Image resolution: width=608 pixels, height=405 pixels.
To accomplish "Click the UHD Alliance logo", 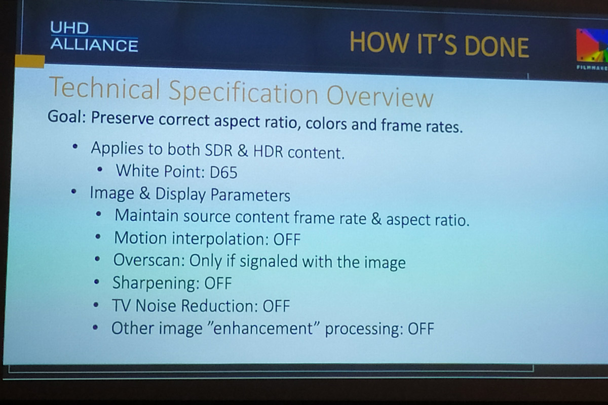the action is (x=94, y=36).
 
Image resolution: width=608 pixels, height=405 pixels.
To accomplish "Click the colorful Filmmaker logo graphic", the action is (x=592, y=46).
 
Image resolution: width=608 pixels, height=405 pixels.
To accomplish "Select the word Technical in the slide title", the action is (x=105, y=88).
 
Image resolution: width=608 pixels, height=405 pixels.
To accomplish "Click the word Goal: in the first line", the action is (x=67, y=117).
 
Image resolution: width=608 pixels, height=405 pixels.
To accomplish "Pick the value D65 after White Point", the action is (x=223, y=172).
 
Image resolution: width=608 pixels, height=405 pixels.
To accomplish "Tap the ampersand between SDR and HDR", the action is (x=243, y=150).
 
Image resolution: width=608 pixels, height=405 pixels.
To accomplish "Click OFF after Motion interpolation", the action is (x=287, y=239).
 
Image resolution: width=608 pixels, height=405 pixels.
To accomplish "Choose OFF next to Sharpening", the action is (x=218, y=283).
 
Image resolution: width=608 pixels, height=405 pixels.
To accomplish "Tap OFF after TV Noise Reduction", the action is (x=276, y=306).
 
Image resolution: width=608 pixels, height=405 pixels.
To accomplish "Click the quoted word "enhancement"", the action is (x=262, y=328).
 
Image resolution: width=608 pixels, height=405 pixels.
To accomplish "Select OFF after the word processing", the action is (x=421, y=329).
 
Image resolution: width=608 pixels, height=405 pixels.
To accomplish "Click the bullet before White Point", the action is (x=100, y=170).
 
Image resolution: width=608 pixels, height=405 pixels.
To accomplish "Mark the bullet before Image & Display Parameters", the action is (x=73, y=191).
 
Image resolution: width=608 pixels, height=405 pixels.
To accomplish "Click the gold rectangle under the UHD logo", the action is (x=30, y=61).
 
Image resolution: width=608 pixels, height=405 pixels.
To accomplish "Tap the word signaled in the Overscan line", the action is (x=269, y=262).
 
